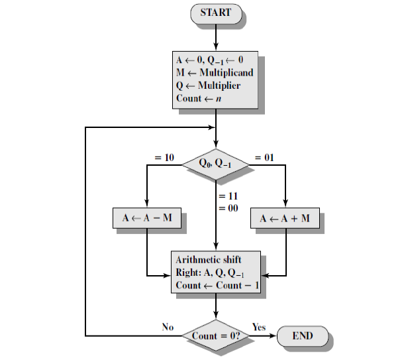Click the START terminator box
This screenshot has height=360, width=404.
216,13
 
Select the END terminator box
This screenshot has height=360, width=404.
303,335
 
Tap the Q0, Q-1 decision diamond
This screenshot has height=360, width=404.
216,161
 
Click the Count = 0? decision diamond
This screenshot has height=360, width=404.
216,335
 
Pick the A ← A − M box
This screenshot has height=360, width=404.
146,219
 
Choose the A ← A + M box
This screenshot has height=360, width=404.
285,219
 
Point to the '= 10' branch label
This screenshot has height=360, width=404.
165,158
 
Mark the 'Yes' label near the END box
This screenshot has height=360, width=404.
259,327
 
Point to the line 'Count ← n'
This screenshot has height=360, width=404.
197,99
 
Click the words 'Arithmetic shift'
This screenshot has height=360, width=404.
209,259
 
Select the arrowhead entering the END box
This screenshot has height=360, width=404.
272,335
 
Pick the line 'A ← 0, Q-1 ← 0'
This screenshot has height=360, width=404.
206,60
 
